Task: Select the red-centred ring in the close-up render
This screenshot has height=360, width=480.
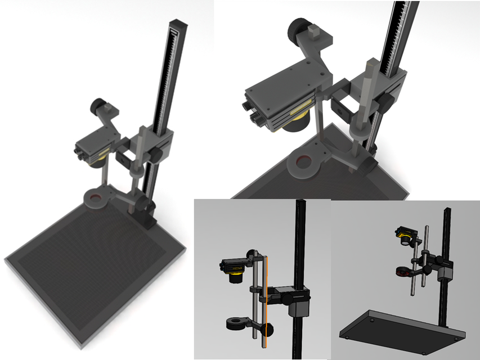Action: pos(304,163)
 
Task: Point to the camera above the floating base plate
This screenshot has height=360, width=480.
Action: pos(406,235)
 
